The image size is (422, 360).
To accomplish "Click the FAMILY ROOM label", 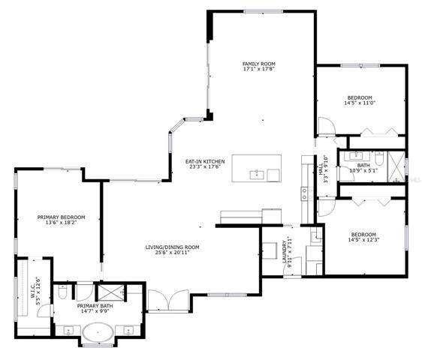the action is coord(259,64).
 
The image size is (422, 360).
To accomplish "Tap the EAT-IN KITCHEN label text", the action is coord(205,161).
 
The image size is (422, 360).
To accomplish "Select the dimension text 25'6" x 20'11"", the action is coord(172,252).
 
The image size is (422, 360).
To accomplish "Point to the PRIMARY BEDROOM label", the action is coord(61,217).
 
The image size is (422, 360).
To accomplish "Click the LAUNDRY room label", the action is coord(284,252).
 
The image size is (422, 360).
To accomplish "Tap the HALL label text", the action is coord(321,169).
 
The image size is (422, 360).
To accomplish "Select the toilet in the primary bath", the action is coord(62,292).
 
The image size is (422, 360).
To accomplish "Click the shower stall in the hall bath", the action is coord(396,166).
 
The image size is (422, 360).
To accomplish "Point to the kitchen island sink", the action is coord(258,175).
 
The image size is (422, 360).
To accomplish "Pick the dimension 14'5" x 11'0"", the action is coord(360,103).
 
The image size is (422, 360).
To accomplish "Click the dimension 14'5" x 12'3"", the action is coord(363,240).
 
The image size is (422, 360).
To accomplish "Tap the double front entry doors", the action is coord(168,301).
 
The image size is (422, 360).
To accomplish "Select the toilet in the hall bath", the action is coord(379,158).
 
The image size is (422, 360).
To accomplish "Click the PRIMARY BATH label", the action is coord(95,306).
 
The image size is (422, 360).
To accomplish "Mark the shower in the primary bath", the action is coord(110,292).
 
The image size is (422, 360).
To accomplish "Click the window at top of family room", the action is coord(264,11).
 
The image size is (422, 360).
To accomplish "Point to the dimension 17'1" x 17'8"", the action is coord(259,69).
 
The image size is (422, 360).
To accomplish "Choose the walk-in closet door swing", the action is coord(44,310).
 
